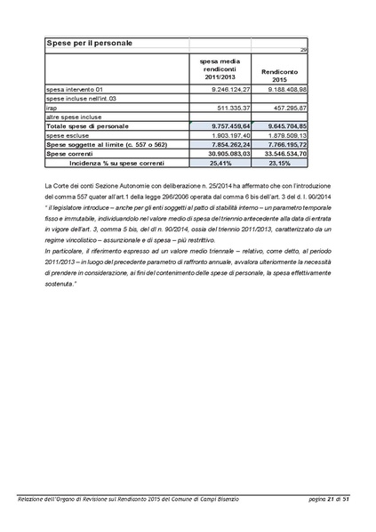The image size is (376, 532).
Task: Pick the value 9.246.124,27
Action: click(x=223, y=90)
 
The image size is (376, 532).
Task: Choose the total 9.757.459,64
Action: click(x=223, y=126)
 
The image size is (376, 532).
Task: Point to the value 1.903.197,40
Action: click(x=223, y=135)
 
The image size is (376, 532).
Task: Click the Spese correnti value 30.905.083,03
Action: click(x=221, y=154)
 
